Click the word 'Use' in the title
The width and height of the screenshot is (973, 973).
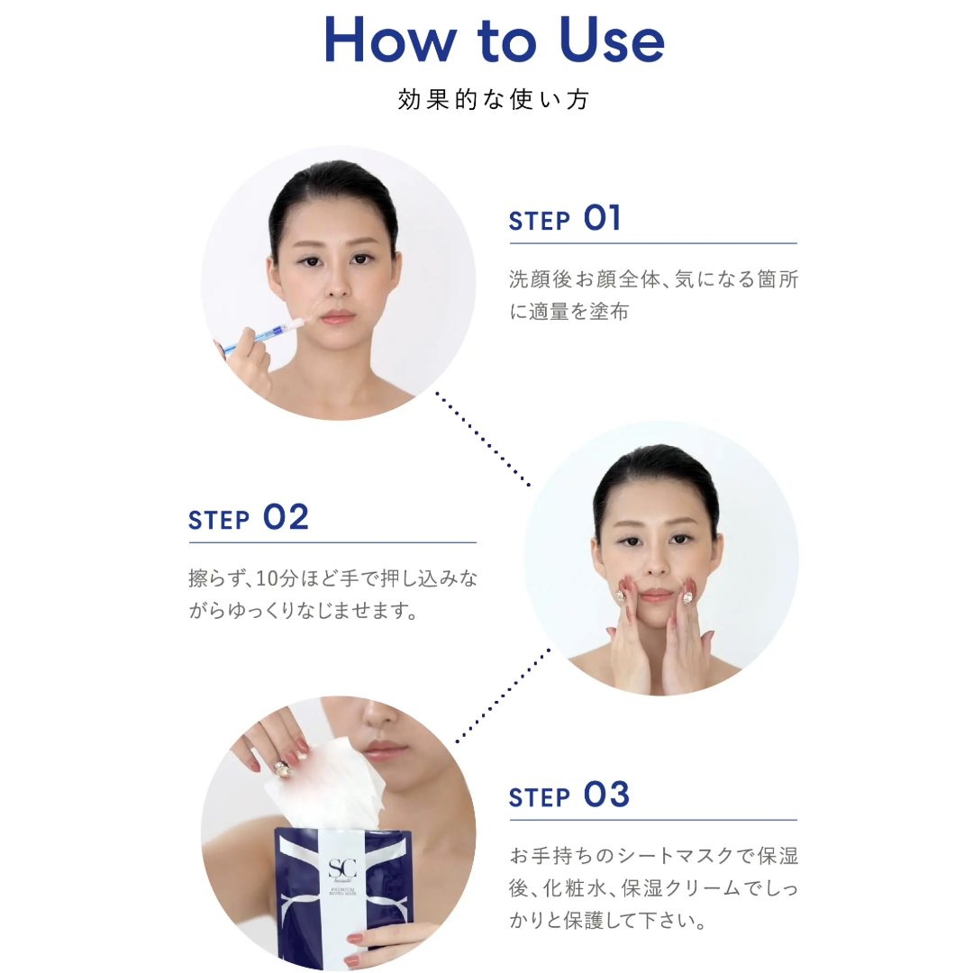[x=612, y=41]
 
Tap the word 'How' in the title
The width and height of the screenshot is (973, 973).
[x=390, y=41]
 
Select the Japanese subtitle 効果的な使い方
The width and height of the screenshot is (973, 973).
[x=494, y=99]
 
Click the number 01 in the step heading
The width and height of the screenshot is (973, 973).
[x=602, y=218]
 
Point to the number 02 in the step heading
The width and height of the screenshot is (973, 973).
[x=286, y=517]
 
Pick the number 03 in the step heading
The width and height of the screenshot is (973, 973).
[x=607, y=795]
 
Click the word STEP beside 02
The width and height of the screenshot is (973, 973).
[x=218, y=520]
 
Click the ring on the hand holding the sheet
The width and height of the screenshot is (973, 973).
[x=282, y=768]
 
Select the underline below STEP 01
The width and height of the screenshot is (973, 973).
[x=653, y=243]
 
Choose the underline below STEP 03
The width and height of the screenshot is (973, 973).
[x=653, y=820]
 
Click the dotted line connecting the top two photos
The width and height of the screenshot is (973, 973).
[x=483, y=439]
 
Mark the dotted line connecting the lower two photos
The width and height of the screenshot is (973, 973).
[x=504, y=696]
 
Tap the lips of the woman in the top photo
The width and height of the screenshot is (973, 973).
[x=338, y=318]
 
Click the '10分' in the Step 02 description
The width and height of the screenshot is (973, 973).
[x=278, y=578]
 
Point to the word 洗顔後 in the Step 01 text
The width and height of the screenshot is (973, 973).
[x=541, y=279]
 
